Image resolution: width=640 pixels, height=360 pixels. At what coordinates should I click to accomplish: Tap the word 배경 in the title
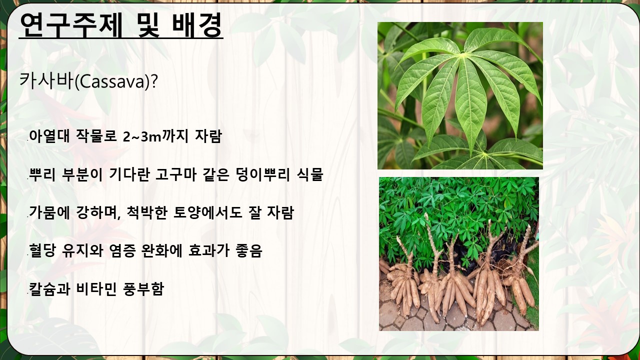197,25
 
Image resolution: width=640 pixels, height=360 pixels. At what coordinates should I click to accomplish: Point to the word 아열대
49,136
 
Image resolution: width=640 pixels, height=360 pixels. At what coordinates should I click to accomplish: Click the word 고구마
175,174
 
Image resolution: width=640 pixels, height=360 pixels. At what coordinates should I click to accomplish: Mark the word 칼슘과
49,289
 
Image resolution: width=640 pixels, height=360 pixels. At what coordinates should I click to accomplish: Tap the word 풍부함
143,289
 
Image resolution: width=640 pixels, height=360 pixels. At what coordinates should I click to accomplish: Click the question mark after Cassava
154,81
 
